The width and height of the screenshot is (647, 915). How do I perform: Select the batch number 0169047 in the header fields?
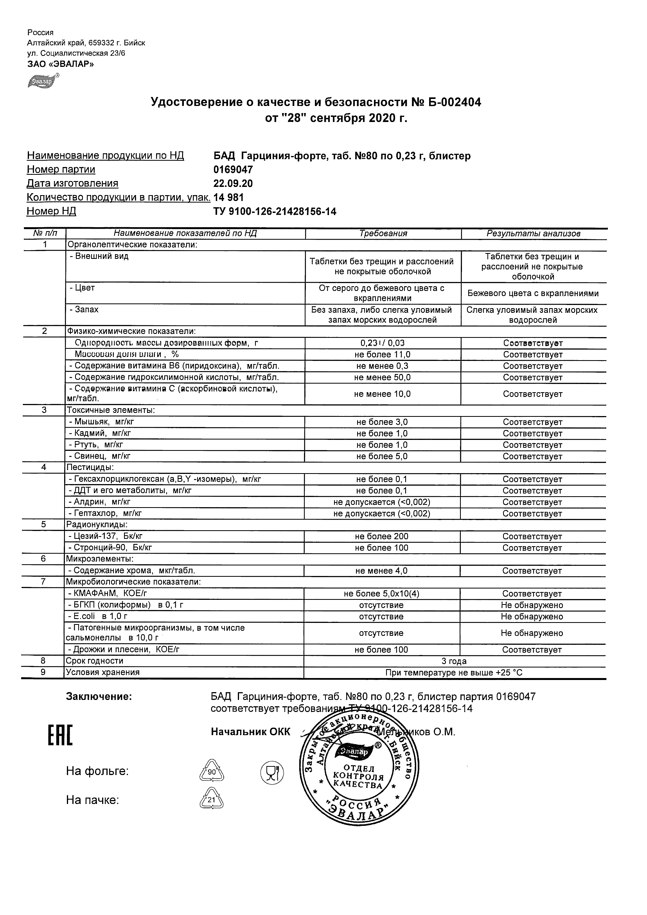[x=233, y=170]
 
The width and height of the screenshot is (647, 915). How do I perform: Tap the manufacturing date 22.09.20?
[x=233, y=184]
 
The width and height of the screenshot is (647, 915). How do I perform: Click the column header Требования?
[x=383, y=234]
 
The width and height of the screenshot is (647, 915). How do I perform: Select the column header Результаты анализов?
[x=534, y=234]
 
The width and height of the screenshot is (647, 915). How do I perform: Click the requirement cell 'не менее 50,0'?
[x=382, y=378]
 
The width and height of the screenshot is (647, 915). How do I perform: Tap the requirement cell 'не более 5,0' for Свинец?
[x=382, y=457]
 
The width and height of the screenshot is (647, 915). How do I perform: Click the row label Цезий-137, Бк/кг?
[x=108, y=536]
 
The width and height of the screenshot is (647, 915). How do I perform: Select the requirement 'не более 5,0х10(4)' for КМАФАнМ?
[x=381, y=594]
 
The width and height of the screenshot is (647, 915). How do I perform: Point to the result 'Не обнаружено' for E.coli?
[x=532, y=617]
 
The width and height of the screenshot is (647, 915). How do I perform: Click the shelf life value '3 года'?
[x=454, y=662]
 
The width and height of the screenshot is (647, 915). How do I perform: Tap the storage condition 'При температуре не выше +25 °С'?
[x=454, y=673]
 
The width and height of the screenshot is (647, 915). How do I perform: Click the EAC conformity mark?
[x=60, y=736]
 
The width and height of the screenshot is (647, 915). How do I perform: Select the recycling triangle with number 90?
[x=211, y=772]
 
